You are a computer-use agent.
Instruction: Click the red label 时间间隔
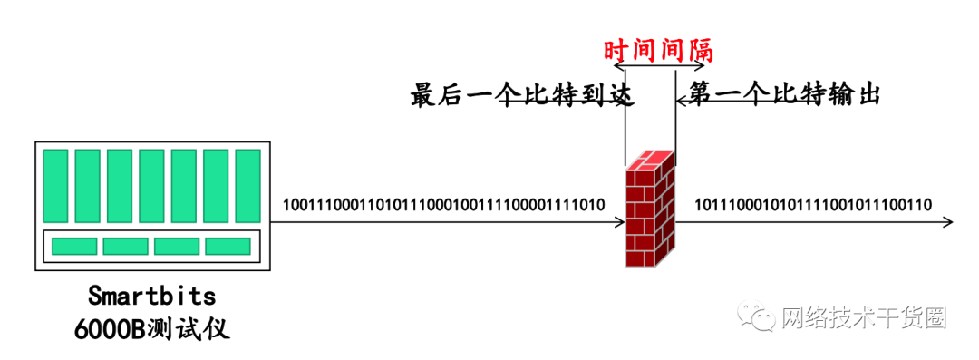coord(658,49)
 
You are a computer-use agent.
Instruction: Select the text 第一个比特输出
coord(785,93)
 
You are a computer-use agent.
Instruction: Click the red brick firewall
coord(651,209)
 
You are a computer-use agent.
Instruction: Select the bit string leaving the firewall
coord(813,203)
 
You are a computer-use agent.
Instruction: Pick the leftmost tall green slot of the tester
coord(56,186)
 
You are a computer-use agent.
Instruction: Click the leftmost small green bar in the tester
coord(74,246)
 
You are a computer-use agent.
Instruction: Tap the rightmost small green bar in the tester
coord(228,246)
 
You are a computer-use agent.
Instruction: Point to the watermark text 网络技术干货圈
coord(862,316)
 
